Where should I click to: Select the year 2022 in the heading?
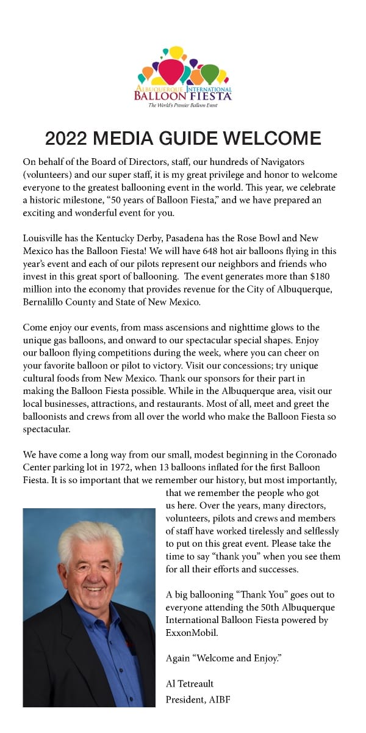[x=68, y=138]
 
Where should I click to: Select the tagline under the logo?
[x=184, y=105]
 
